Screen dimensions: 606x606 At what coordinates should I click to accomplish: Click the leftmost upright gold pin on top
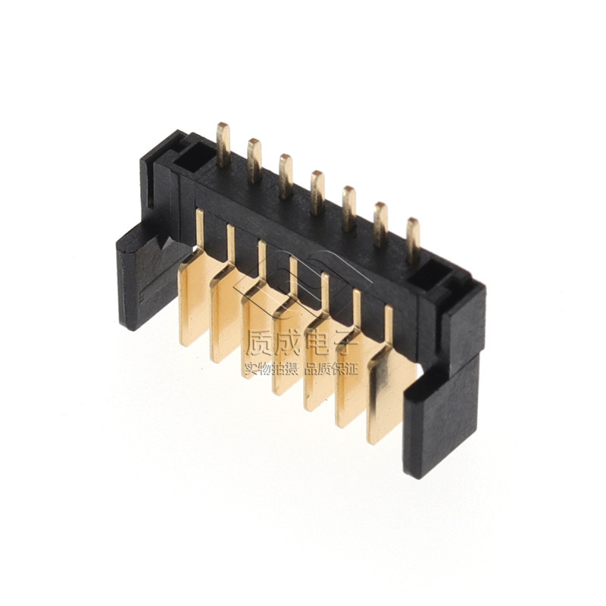pyautogui.click(x=223, y=145)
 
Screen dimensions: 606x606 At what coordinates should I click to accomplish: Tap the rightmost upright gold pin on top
pyautogui.click(x=413, y=240)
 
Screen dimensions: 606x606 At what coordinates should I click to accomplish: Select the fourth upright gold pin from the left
pyautogui.click(x=317, y=192)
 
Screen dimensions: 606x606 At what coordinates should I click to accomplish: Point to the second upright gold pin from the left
pyautogui.click(x=255, y=161)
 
